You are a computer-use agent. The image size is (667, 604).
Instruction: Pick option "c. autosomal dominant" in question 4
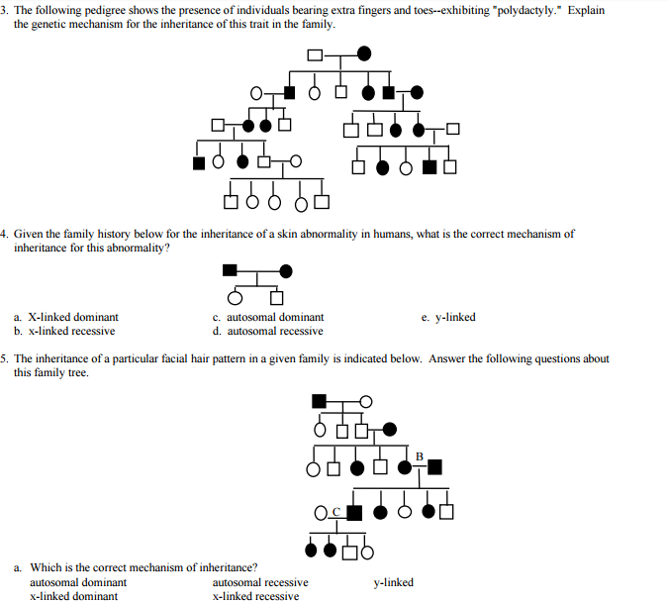point(268,318)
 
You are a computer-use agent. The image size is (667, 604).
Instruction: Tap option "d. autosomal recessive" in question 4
point(267,332)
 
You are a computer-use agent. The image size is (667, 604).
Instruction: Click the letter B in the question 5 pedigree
point(420,455)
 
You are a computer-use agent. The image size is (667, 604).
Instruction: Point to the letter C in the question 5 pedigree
point(336,511)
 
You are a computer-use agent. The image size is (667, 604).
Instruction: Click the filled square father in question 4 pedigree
point(231,270)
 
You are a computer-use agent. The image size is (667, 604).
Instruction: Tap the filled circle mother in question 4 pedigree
point(286,270)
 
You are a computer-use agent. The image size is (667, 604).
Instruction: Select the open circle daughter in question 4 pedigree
point(235,297)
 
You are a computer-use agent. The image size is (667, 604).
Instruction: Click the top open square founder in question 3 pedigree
point(315,52)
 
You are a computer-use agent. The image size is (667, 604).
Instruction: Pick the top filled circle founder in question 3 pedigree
point(364,52)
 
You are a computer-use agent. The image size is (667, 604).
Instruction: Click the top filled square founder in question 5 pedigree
point(319,401)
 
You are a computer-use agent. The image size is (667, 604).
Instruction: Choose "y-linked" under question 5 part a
point(393,582)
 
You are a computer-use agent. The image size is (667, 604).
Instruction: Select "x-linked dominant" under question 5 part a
point(74,596)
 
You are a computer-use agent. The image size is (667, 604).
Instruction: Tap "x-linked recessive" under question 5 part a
point(256,596)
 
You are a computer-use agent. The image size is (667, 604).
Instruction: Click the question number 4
point(4,235)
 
